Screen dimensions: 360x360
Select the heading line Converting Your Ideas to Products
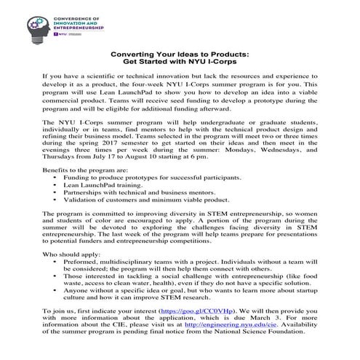click(x=179, y=55)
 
